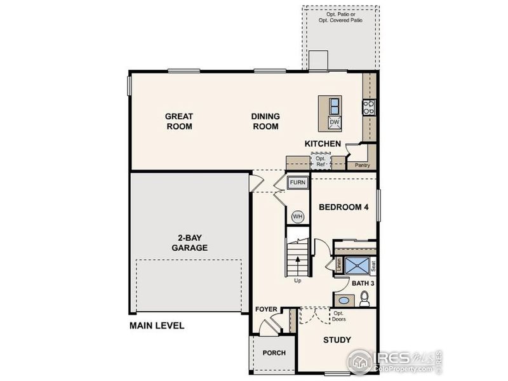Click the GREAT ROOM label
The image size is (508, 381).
point(179,121)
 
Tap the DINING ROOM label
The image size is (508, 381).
point(265,121)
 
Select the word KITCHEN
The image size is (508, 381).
point(323,144)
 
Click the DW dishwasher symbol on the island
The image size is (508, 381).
point(335,122)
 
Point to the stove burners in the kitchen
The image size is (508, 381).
point(368,107)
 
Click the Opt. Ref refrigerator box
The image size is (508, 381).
point(321,162)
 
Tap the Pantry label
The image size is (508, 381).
point(363,165)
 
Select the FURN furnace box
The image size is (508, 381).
point(298,183)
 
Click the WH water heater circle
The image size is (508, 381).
point(297,217)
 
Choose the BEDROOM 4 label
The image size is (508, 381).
point(344,207)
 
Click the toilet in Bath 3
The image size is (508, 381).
point(365,298)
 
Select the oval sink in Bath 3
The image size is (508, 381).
point(343,300)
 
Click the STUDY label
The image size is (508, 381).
point(337,340)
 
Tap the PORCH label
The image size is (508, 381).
point(274,353)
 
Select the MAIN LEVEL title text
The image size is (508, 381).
point(157,326)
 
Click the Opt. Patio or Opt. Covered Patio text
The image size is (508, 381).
point(341,17)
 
